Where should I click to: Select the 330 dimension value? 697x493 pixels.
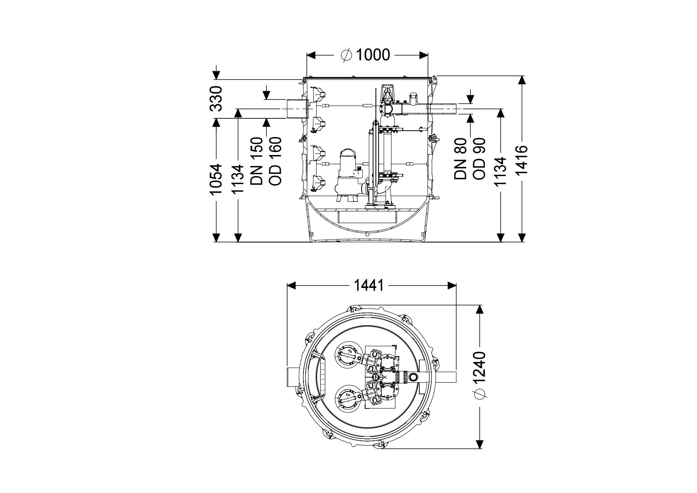[216, 98]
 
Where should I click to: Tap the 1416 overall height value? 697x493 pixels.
[522, 160]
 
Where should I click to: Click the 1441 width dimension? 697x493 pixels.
[369, 285]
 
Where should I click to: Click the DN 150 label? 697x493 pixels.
[257, 161]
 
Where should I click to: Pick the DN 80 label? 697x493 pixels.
[460, 159]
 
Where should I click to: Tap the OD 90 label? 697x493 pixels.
[479, 159]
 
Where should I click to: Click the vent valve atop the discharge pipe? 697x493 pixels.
[388, 94]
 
